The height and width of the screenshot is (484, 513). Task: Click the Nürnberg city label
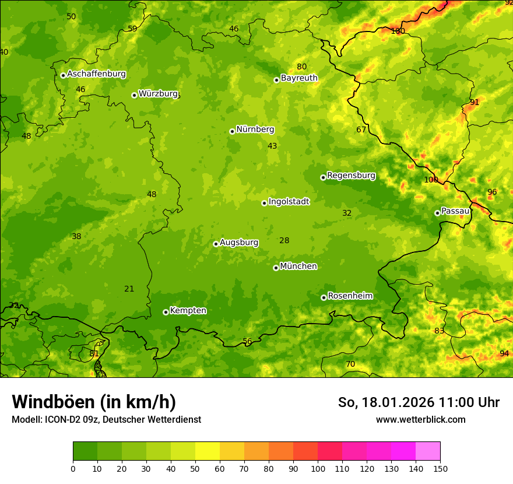[255, 129]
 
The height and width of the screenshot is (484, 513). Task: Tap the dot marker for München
[276, 268]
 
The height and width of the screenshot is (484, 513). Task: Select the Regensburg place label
[351, 176]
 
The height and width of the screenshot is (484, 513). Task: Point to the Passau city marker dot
[437, 213]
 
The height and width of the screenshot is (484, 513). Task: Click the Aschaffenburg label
[96, 74]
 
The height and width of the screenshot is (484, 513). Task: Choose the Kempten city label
[188, 311]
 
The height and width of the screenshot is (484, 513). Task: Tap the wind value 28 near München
[284, 240]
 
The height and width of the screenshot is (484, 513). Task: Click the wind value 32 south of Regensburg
[347, 213]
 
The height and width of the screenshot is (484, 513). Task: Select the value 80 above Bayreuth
[301, 66]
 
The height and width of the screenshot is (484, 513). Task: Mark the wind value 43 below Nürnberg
[272, 146]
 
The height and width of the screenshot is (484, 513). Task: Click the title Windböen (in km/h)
[93, 402]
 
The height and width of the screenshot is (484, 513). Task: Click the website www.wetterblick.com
[420, 419]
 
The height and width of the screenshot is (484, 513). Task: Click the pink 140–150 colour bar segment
[428, 451]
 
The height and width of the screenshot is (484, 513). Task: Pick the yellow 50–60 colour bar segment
[208, 451]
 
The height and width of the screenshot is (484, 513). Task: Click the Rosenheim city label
[350, 296]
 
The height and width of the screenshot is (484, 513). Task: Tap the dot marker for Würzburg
[134, 95]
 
